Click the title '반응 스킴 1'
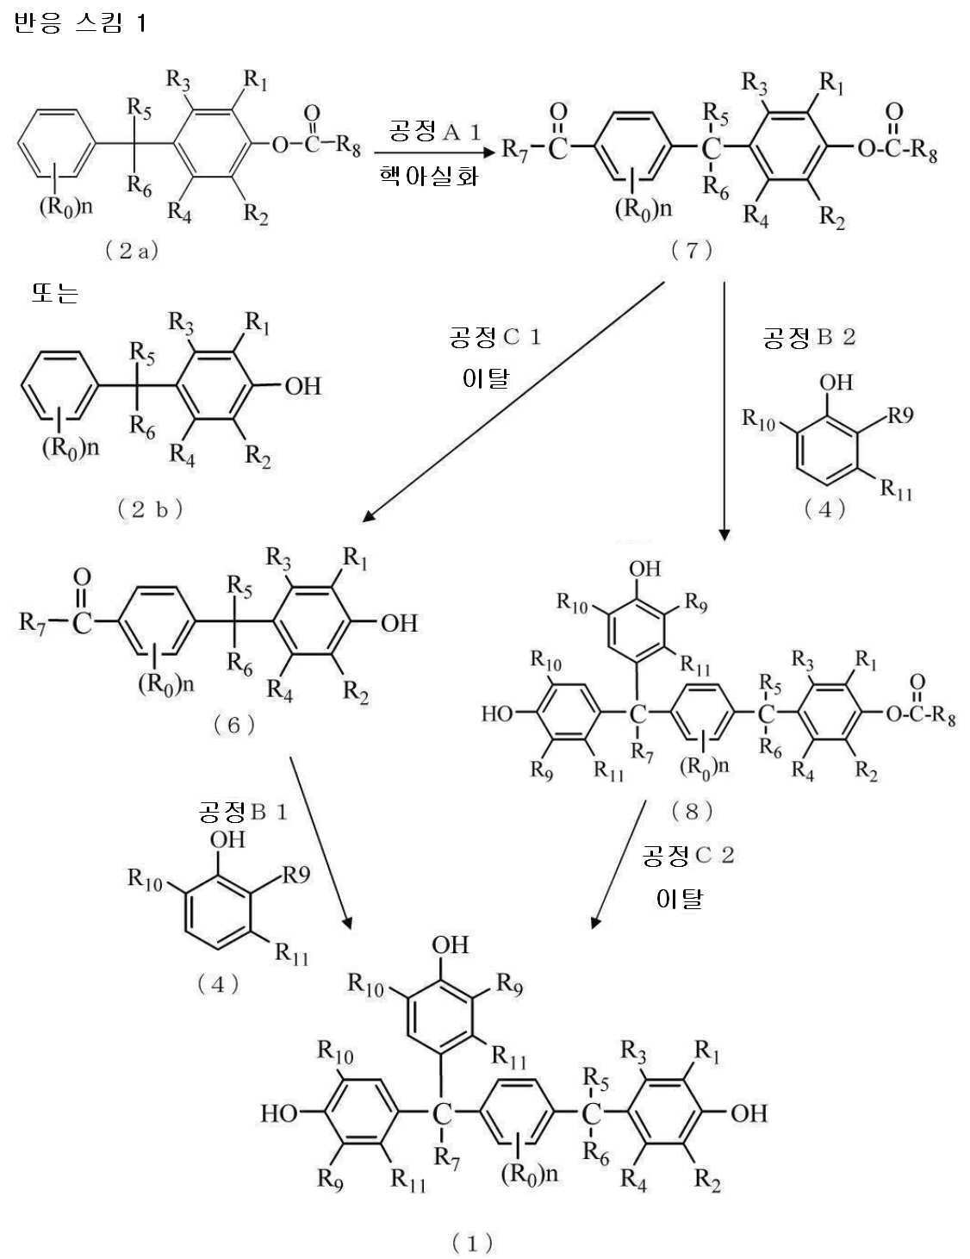click(x=79, y=24)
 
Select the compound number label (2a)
click(x=132, y=251)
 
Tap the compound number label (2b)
click(x=150, y=509)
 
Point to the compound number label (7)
click(x=692, y=250)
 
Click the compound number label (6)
click(x=234, y=725)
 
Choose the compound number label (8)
click(x=692, y=812)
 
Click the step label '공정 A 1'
click(x=435, y=132)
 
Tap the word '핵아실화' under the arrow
click(x=429, y=175)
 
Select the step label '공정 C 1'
click(x=494, y=337)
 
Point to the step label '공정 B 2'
click(x=808, y=337)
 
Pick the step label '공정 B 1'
click(x=243, y=812)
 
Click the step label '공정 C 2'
click(x=688, y=855)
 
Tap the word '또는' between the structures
click(x=55, y=293)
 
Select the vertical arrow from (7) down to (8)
click(x=724, y=411)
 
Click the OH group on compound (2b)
click(x=302, y=386)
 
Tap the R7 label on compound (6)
click(x=32, y=623)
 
